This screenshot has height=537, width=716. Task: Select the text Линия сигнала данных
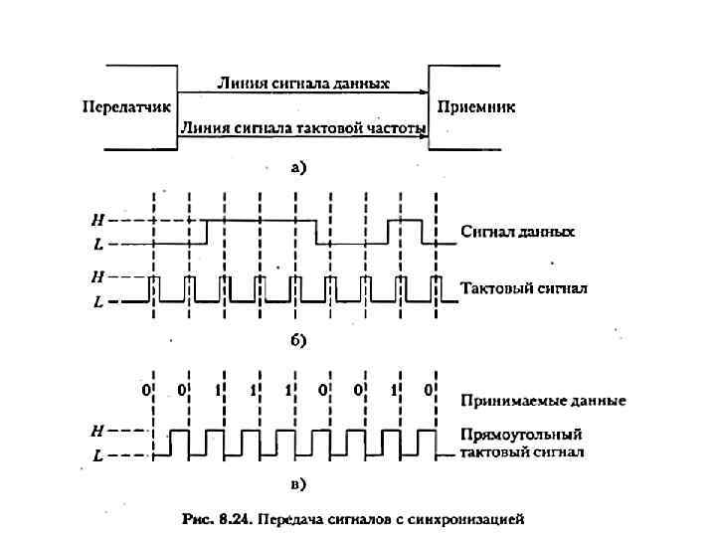303,84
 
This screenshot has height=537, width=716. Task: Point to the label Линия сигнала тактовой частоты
303,128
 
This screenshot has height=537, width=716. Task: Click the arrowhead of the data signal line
422,92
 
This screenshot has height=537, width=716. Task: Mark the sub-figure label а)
298,167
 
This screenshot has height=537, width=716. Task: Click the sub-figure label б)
298,340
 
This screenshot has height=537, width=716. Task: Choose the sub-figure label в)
298,485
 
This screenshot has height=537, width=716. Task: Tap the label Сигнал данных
518,232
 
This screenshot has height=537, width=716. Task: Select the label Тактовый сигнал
525,289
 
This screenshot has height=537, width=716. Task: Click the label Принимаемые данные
543,401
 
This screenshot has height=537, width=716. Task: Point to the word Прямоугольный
521,435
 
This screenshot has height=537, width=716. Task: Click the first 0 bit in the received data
146,390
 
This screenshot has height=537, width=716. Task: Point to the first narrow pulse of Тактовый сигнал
153,287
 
